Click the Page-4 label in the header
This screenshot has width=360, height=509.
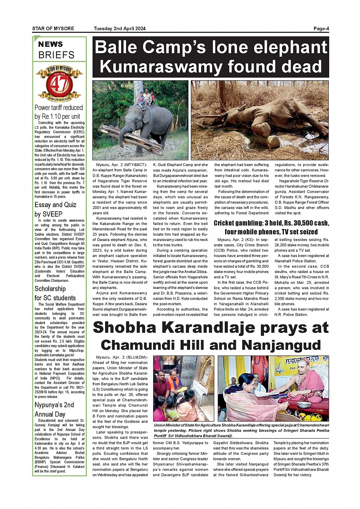point(321,29)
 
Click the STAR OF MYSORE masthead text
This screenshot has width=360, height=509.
point(53,29)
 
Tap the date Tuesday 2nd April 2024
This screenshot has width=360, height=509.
point(120,29)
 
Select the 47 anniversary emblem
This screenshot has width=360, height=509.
point(59,83)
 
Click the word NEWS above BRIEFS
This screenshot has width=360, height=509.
point(50,45)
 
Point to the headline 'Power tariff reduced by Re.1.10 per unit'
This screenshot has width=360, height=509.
point(59,112)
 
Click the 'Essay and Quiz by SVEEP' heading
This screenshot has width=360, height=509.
point(55,209)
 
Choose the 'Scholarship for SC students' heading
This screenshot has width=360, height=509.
point(55,293)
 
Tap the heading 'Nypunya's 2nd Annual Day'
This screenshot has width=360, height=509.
point(54,409)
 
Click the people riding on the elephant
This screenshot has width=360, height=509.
point(146,98)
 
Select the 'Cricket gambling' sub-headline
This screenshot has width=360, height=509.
point(271,227)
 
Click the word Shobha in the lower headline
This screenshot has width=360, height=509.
point(130,328)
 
